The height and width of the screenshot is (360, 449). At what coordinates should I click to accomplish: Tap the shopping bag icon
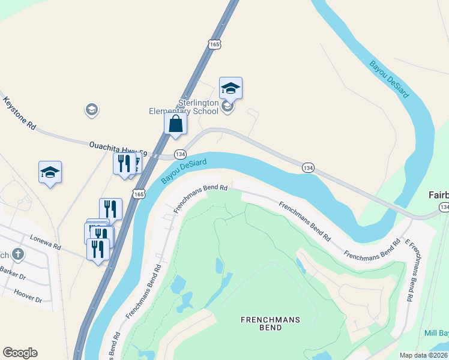(x=176, y=124)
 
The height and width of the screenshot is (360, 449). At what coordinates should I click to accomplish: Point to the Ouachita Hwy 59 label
(x=118, y=148)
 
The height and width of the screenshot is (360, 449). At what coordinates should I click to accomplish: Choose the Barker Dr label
(x=13, y=277)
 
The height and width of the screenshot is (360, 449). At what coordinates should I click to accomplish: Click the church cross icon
(x=18, y=254)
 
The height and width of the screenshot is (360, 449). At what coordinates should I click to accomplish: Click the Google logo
(x=20, y=353)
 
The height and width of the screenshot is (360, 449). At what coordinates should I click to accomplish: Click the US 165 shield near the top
(x=215, y=44)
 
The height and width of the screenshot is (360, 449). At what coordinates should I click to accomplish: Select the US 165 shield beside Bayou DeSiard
(x=139, y=194)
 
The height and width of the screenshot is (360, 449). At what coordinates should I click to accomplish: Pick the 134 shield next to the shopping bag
(x=179, y=154)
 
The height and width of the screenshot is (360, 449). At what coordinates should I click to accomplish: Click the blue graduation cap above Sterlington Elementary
(x=231, y=88)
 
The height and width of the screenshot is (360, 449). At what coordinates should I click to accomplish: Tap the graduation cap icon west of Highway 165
(x=50, y=172)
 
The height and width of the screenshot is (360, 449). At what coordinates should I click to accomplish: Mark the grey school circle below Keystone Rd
(x=91, y=109)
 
